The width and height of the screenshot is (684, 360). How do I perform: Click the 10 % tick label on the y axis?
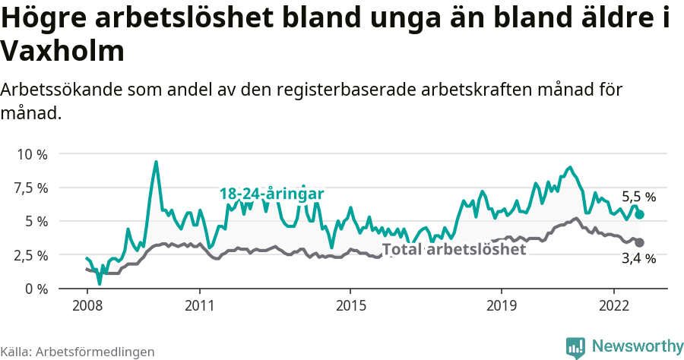(x=31, y=154)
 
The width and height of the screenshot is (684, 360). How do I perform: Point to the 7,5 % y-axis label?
(x=31, y=188)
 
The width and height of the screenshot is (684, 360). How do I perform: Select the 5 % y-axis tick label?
(x=36, y=221)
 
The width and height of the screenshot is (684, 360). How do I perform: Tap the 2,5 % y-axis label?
(x=31, y=255)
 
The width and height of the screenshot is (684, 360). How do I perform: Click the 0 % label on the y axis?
(x=36, y=289)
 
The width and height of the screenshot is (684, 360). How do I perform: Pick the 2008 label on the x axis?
(x=87, y=305)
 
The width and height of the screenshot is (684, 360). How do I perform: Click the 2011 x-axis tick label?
(x=199, y=305)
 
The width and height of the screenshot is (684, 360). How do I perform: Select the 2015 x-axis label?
(x=350, y=305)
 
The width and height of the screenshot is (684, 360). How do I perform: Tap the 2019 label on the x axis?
(x=501, y=305)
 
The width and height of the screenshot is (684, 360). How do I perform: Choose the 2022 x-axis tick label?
(x=613, y=305)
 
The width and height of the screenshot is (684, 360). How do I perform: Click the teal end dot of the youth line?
(x=640, y=215)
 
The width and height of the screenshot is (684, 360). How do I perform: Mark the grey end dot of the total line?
(x=640, y=243)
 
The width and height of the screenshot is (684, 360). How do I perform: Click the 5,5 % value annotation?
(x=638, y=197)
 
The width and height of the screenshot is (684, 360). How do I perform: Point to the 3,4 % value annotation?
(x=638, y=259)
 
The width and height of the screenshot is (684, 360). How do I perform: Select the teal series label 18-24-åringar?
(x=272, y=194)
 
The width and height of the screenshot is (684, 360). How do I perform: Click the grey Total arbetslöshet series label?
(x=454, y=249)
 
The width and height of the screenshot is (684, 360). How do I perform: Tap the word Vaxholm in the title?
(x=62, y=52)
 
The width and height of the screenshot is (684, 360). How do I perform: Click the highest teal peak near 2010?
(x=156, y=162)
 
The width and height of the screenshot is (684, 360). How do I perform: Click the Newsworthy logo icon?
(x=575, y=347)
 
